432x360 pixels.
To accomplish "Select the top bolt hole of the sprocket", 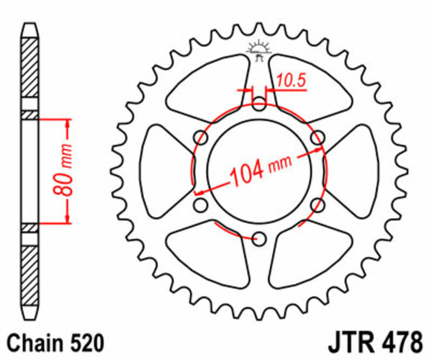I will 258,104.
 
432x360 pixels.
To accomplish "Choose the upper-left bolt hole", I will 201,138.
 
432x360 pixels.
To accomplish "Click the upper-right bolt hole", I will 317,138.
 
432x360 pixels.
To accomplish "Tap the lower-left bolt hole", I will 201,206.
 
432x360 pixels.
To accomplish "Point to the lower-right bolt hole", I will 317,206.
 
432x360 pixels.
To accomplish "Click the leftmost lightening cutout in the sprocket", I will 162,171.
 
